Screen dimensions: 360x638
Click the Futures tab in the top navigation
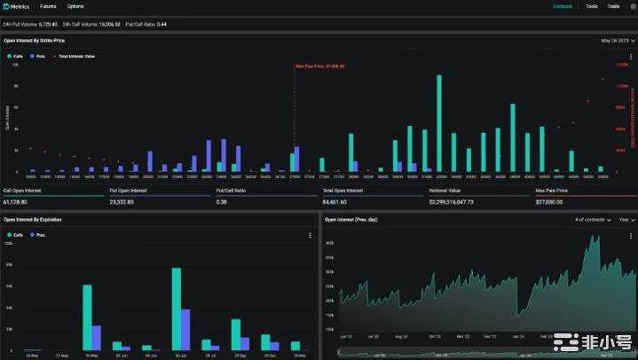coord(48,6)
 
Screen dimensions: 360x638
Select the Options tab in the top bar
coord(75,6)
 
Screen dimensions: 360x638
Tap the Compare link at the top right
coord(563,6)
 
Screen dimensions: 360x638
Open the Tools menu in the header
coord(591,6)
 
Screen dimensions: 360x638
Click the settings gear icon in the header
coord(632,6)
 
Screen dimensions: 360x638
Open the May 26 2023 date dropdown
coord(617,41)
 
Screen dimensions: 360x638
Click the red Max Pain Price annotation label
coord(319,66)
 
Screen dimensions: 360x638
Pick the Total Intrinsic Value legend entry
coord(77,56)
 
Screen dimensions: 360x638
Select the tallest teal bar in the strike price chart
coord(439,123)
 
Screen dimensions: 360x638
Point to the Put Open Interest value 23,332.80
coord(122,201)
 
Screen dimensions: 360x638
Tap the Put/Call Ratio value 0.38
coord(222,201)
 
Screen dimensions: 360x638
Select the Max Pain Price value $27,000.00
coord(550,201)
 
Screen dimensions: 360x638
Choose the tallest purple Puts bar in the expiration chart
coord(185,329)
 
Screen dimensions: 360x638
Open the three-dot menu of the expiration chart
coord(309,235)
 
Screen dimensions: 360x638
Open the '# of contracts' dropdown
coord(592,219)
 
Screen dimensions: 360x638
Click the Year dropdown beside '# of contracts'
coord(626,219)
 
